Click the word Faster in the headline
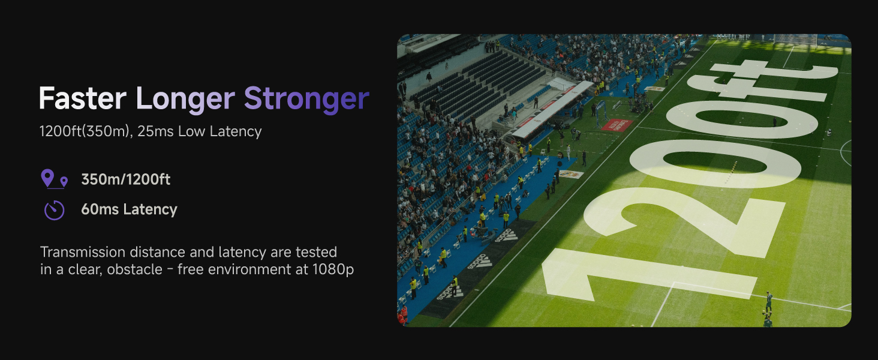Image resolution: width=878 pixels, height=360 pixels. coord(83,98)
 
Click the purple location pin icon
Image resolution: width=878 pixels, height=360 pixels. coord(54,179)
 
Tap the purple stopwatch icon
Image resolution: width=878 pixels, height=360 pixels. coord(54,210)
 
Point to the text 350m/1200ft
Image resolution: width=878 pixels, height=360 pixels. coord(125,179)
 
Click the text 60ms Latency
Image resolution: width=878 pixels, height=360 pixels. coord(129,209)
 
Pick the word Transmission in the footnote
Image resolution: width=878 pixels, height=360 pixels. coord(83,252)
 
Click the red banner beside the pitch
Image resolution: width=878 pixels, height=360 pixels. coord(617,125)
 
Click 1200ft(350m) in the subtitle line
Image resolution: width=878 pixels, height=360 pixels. coord(85,131)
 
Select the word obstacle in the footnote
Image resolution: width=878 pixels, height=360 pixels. coord(134,269)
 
